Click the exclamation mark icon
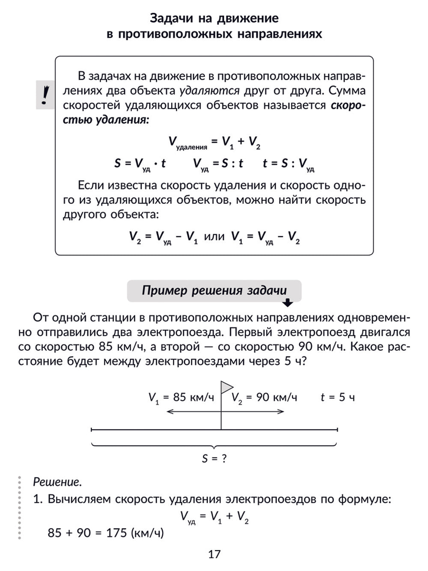point(45,95)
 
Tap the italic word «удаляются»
point(209,90)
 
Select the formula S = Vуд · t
point(140,164)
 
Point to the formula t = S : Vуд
point(288,164)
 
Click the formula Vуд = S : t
point(218,164)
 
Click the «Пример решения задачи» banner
point(214,290)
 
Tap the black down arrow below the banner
point(288,303)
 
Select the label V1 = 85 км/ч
point(181,398)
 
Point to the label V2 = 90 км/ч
point(264,398)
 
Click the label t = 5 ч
point(338,398)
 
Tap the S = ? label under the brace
point(214,459)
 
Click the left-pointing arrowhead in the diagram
point(169,412)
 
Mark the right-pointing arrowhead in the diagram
point(281,412)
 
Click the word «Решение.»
point(57,482)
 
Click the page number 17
point(214,554)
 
